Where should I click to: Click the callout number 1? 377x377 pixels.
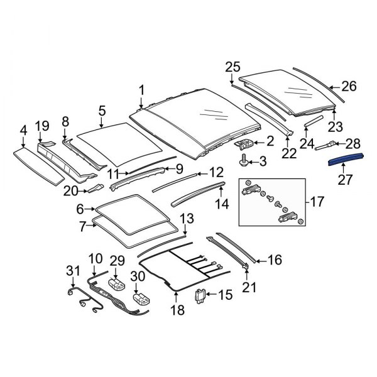point(141,89)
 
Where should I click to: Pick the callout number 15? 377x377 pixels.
point(224,295)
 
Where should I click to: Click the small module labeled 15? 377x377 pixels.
point(202,294)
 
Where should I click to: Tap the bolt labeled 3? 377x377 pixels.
point(244,163)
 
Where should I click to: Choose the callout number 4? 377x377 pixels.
point(23,130)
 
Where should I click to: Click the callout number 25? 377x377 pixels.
point(232,67)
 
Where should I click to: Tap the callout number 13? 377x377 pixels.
point(187,219)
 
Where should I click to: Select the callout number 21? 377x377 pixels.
point(250,288)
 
